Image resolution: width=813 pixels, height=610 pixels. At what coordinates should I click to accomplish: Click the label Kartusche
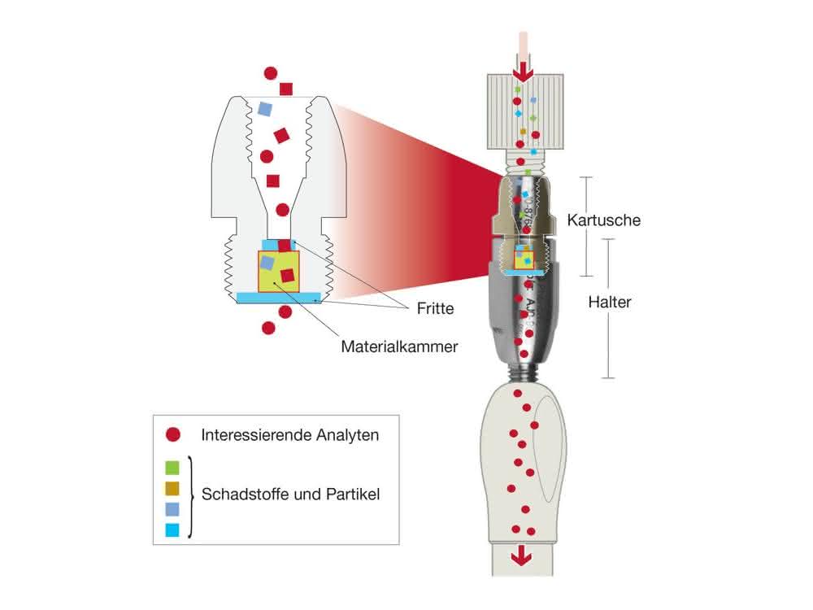(603, 220)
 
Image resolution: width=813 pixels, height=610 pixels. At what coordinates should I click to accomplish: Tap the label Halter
(610, 302)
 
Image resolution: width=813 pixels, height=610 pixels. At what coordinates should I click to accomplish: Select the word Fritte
(435, 308)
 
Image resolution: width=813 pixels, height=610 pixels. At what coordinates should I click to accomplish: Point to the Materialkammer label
(399, 346)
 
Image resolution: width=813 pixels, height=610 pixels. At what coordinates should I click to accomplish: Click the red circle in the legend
(172, 434)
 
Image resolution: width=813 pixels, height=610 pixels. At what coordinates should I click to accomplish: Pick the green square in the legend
(172, 468)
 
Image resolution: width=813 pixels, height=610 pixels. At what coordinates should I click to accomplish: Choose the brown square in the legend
(172, 488)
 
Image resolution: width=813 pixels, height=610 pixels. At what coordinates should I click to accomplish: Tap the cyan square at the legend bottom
(172, 529)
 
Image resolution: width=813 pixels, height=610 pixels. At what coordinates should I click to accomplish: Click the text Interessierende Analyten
(290, 434)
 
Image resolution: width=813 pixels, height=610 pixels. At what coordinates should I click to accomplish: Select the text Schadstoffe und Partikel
(290, 495)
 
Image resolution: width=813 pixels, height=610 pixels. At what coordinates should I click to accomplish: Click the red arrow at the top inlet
(523, 72)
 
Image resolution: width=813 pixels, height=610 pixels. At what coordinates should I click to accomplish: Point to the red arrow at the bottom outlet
(521, 556)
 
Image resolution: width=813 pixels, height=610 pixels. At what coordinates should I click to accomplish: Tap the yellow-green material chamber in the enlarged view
(279, 272)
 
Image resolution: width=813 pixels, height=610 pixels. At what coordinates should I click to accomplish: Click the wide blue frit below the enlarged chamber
(279, 298)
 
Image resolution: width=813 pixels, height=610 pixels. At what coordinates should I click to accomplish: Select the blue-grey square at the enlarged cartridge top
(265, 109)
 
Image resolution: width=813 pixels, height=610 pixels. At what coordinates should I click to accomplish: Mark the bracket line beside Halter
(608, 308)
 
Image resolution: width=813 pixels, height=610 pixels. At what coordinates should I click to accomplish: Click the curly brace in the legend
(190, 497)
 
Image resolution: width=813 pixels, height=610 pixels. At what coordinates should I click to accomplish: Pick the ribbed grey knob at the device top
(525, 111)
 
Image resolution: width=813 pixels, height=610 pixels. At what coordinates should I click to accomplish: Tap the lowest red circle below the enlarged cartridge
(268, 328)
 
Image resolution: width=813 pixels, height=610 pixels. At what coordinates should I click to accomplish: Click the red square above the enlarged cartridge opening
(285, 89)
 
